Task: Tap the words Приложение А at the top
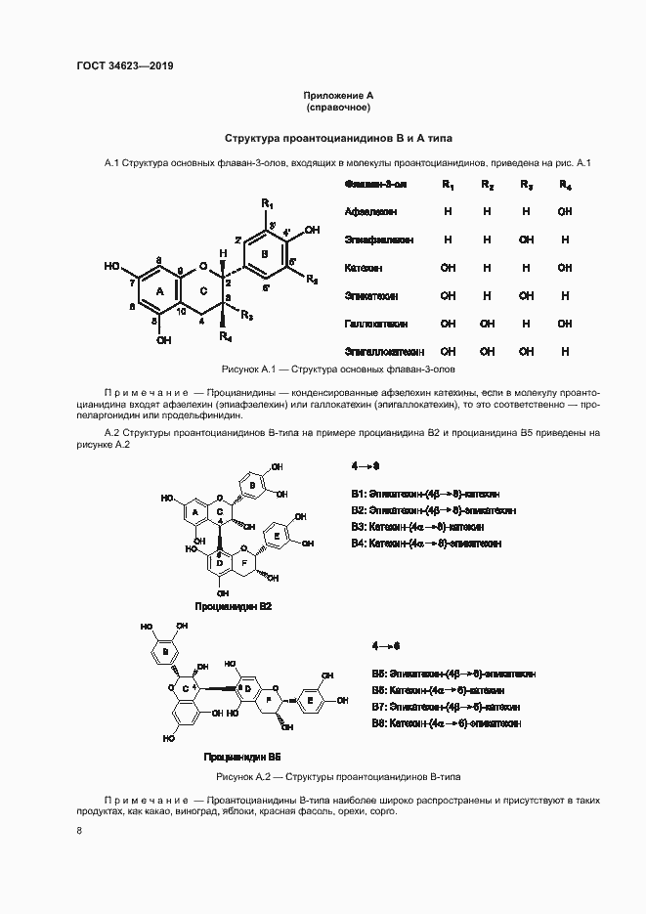(338, 95)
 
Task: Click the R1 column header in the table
(448, 185)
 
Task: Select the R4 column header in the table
(565, 185)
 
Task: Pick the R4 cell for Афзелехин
(565, 211)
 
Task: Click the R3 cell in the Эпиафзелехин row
(526, 239)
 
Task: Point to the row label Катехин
(364, 267)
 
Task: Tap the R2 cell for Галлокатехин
(487, 323)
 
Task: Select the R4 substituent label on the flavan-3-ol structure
(225, 336)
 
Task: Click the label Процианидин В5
(242, 757)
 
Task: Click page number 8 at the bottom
(79, 831)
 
